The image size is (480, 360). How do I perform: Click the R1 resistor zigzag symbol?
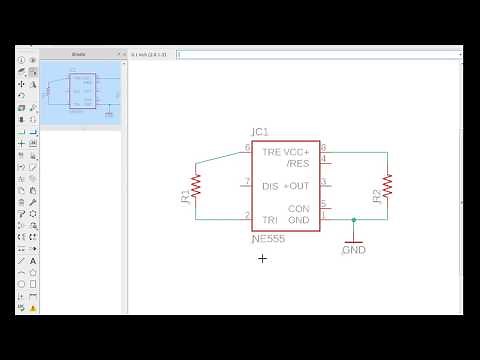point(197,184)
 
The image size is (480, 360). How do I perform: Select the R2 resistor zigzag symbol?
point(387,184)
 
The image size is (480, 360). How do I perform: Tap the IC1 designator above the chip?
point(260,132)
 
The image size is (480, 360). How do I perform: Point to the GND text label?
point(354,250)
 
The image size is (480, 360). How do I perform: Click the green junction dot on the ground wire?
point(353,219)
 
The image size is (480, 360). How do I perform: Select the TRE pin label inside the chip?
point(271,152)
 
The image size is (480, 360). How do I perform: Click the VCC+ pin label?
point(297,152)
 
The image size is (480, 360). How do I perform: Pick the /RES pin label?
point(298,163)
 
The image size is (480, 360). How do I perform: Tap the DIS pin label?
point(270,186)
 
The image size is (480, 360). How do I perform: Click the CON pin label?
point(299,208)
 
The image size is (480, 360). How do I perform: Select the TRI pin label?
point(269,219)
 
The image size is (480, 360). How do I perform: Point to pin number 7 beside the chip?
point(247,181)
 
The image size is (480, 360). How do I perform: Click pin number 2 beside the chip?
point(247,215)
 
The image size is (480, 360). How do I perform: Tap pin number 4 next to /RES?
point(323,158)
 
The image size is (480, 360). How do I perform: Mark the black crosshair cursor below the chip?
point(263,258)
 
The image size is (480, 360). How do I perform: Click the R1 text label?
point(185,197)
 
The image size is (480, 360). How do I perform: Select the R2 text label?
point(376,197)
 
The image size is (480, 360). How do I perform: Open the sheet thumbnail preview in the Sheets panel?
point(81,90)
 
